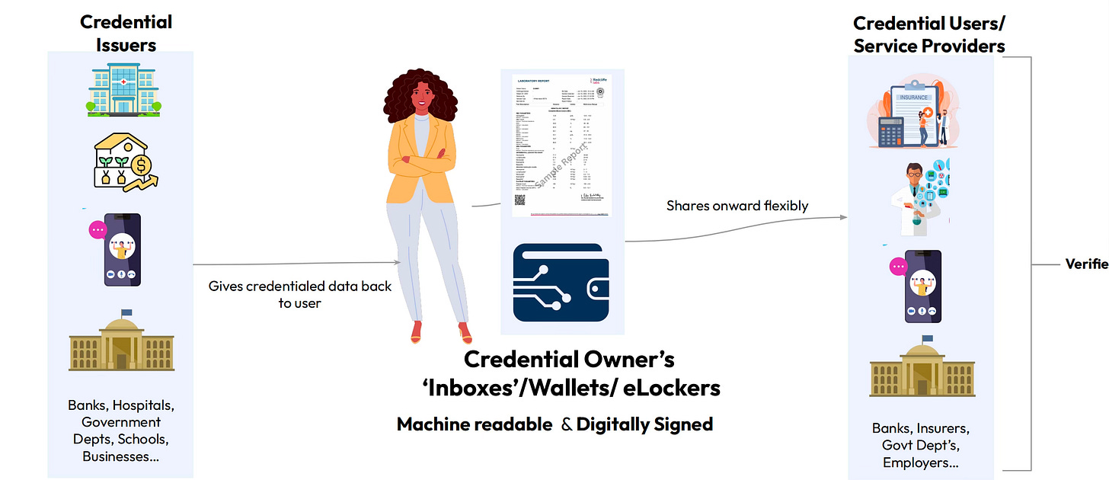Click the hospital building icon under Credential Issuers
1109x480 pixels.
[x=121, y=91]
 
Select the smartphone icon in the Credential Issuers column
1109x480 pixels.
[x=122, y=248]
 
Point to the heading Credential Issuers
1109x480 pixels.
[x=126, y=33]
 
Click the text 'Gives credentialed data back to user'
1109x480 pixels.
[x=299, y=294]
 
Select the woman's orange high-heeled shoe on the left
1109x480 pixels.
[x=417, y=332]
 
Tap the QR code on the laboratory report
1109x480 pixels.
[x=521, y=202]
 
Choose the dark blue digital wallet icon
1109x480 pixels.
[x=562, y=287]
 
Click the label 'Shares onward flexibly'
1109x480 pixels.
[x=737, y=206]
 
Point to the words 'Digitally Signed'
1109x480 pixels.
[x=644, y=424]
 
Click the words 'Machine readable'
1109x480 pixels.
[x=474, y=424]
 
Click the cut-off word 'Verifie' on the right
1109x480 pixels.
[x=1086, y=264]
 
